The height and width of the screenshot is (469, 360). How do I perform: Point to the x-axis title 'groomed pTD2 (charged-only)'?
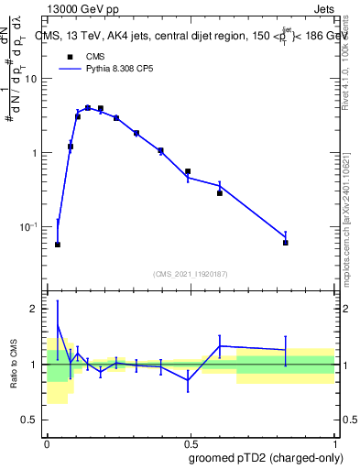[266, 456]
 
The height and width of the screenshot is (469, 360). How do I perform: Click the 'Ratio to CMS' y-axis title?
[14, 363]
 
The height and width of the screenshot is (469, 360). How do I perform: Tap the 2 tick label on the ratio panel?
[36, 309]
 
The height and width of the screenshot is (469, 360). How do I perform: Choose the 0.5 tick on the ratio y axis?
[31, 420]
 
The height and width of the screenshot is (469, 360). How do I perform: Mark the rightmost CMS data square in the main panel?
[285, 243]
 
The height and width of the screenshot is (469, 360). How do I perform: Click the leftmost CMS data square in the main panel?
[58, 245]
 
